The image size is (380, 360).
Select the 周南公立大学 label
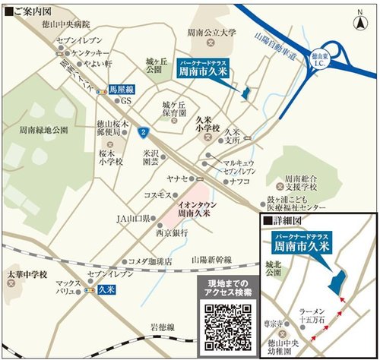211,33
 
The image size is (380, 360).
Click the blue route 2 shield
141,131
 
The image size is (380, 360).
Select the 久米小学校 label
206,124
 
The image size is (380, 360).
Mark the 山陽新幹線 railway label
214,258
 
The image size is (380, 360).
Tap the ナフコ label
241,182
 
